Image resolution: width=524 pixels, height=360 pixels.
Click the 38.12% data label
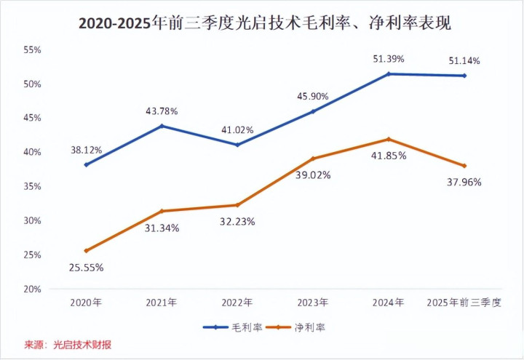pos(87,151)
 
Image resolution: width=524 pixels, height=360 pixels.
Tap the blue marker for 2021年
pos(162,126)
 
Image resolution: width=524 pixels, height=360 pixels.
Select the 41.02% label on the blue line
pos(237,130)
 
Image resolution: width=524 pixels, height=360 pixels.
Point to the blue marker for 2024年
pos(389,74)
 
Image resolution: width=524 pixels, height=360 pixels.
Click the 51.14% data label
pos(464,60)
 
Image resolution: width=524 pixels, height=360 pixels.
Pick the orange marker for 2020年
pos(87,251)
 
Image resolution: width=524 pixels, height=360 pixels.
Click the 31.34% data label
pos(162,228)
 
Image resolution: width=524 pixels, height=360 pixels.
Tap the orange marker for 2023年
pos(313,159)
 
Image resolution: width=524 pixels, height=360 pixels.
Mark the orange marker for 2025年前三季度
pos(464,166)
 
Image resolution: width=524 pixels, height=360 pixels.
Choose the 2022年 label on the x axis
pos(237,303)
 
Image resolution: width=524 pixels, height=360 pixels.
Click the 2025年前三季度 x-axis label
pos(464,303)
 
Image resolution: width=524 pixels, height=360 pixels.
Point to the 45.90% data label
pos(313,96)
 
